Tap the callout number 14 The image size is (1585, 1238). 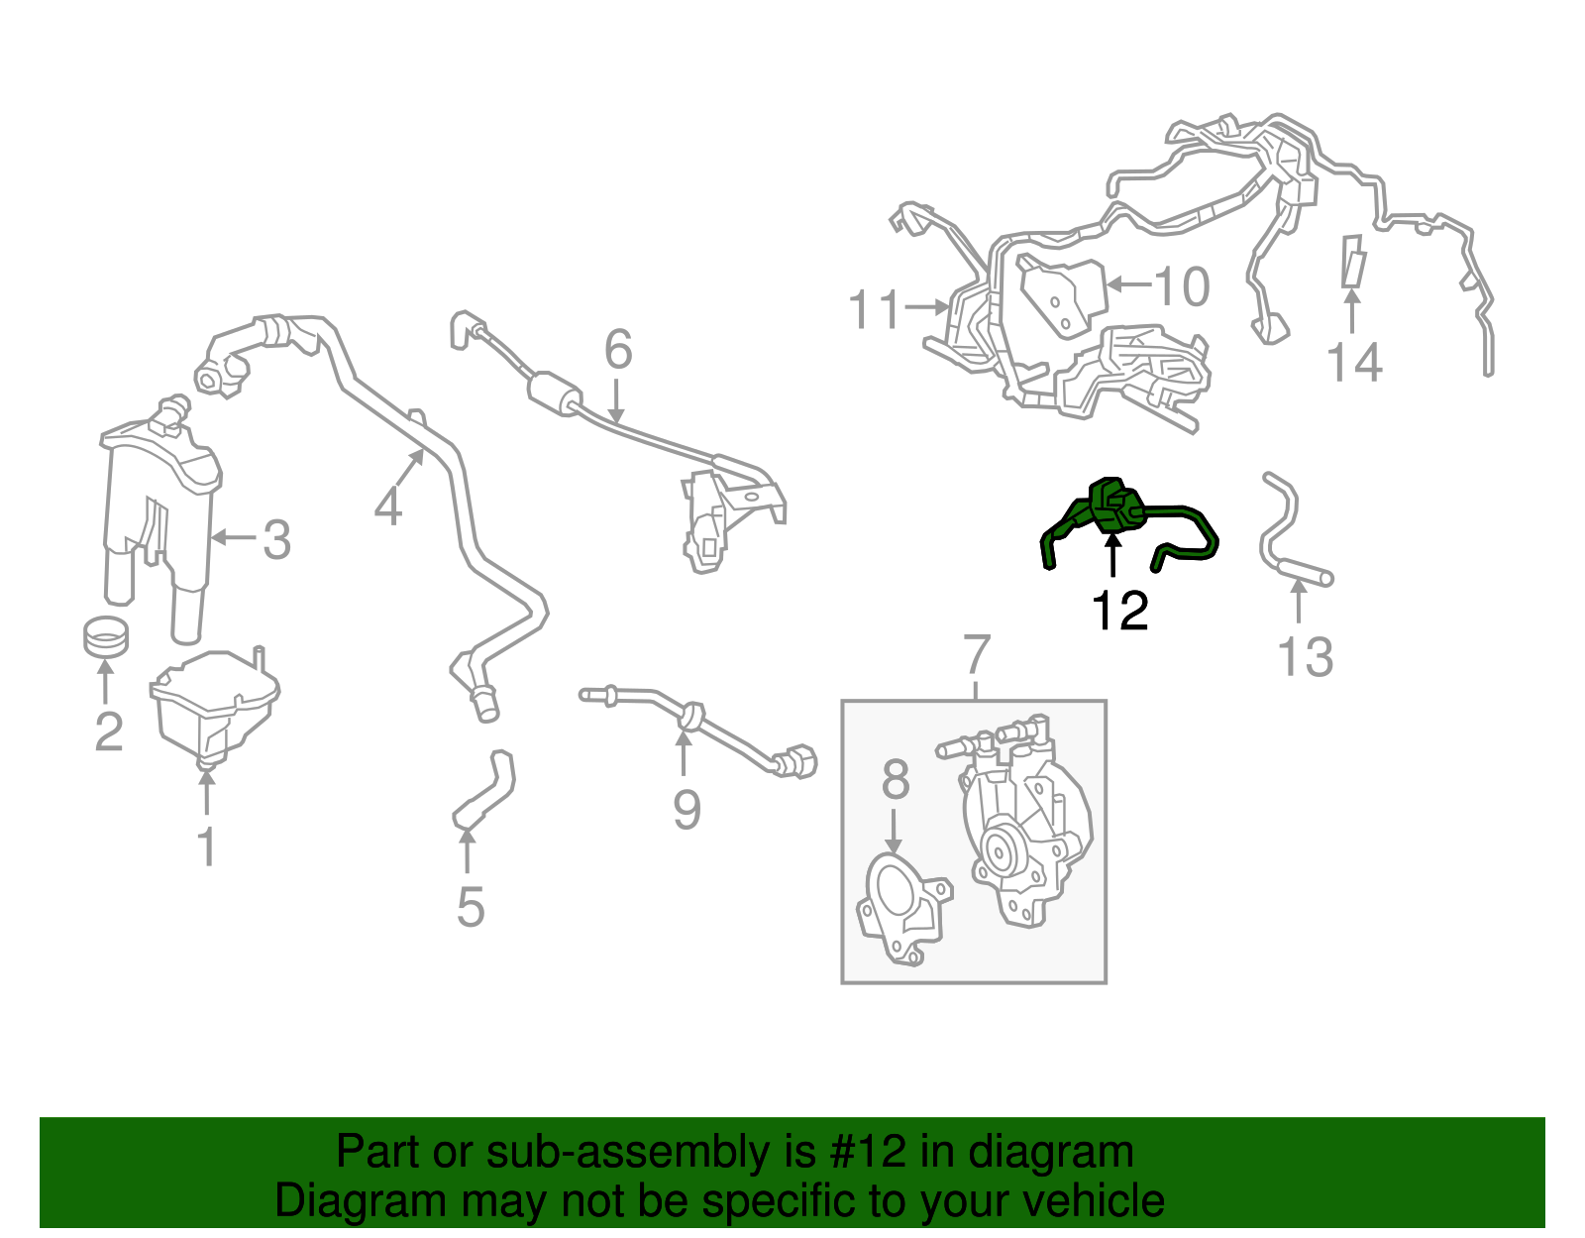[x=1354, y=364]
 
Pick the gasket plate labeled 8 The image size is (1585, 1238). [x=903, y=911]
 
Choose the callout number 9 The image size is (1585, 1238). [x=687, y=809]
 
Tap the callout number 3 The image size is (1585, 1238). [x=277, y=540]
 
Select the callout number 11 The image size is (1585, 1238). [x=876, y=309]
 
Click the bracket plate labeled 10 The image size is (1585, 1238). [x=1064, y=295]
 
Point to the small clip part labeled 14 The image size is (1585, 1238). [x=1353, y=261]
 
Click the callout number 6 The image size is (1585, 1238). [x=618, y=349]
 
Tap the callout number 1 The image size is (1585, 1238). [x=207, y=847]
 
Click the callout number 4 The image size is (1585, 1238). [x=388, y=506]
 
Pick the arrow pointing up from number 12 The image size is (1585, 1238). [x=1112, y=555]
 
